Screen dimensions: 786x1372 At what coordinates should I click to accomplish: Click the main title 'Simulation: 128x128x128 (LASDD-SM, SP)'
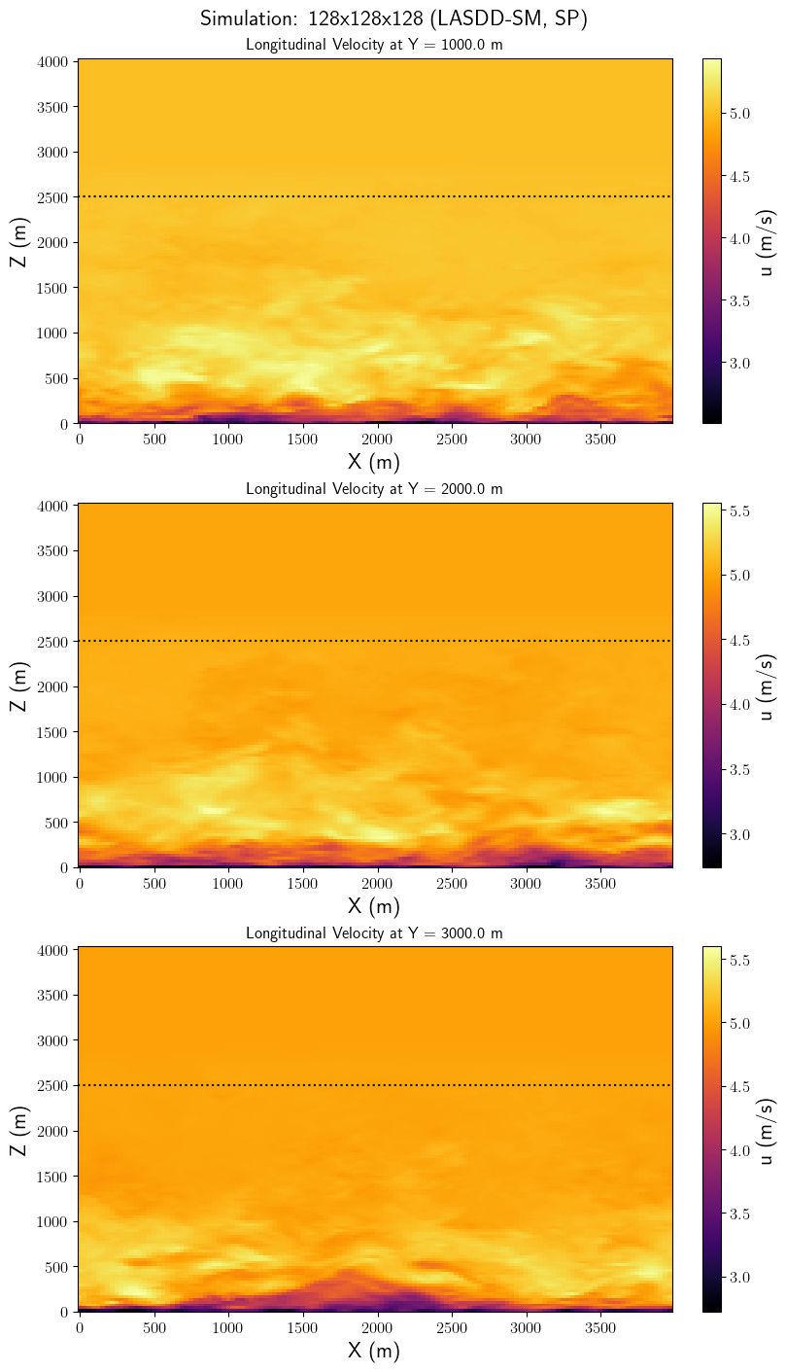coord(393,18)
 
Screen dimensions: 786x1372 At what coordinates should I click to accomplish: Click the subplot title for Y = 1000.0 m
coord(374,44)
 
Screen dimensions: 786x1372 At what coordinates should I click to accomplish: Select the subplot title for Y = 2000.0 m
coord(374,488)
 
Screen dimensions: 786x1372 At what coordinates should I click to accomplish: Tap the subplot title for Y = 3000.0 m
coord(374,932)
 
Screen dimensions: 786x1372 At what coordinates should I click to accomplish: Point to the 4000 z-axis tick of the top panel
coord(52,61)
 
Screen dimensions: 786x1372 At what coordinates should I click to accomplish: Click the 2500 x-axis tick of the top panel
coord(451,440)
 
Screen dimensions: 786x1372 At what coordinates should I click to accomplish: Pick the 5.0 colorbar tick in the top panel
coord(739,114)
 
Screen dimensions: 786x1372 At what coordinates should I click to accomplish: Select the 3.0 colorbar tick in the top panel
coord(739,364)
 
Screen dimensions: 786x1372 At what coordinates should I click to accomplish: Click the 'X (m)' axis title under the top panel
coord(373,461)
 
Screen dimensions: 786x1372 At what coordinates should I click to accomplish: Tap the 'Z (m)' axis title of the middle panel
coord(19,686)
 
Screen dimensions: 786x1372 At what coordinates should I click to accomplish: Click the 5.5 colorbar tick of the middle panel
coord(739,510)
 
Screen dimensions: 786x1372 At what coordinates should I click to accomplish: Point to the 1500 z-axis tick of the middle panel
coord(52,732)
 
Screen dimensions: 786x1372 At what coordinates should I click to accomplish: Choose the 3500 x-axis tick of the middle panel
coord(599,883)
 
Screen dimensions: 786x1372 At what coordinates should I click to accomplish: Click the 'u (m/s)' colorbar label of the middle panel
coord(768,686)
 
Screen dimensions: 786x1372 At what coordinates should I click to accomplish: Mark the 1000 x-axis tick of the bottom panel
coord(227,1327)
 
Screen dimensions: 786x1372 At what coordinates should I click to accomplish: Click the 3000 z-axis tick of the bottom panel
coord(52,1040)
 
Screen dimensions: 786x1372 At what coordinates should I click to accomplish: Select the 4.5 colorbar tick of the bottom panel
coord(739,1087)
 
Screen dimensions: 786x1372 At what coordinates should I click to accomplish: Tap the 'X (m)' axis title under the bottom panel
coord(373,1350)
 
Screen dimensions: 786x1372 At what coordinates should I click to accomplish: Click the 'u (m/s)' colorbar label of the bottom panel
coord(768,1130)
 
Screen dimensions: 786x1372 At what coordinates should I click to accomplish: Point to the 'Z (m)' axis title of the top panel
coord(19,242)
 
